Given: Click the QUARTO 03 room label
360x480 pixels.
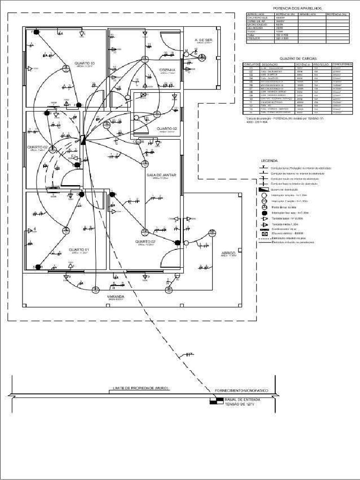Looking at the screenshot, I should [x=84, y=63].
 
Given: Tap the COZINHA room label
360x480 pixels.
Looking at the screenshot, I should [x=167, y=70].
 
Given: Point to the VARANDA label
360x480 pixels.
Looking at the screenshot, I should [x=115, y=297].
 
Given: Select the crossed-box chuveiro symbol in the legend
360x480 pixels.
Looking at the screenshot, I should [x=264, y=233].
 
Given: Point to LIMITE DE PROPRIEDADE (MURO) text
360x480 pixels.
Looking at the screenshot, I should [x=140, y=388].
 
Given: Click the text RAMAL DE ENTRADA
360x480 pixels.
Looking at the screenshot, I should [x=243, y=400].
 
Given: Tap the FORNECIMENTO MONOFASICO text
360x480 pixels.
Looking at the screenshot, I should [x=241, y=390].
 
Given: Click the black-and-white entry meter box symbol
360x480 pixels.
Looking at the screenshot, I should [x=216, y=400].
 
